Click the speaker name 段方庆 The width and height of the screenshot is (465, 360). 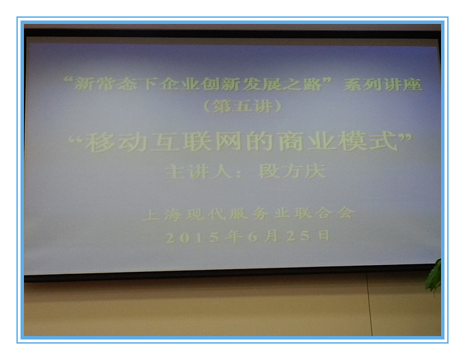point(293,171)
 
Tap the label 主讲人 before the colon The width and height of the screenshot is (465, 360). point(199,172)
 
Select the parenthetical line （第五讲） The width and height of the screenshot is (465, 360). point(243,106)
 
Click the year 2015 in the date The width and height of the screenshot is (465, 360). point(192,237)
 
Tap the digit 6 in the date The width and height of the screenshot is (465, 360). point(252,236)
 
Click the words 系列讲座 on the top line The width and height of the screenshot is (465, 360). point(382,85)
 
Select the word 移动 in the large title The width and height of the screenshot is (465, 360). point(116,142)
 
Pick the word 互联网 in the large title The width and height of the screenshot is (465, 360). point(196,141)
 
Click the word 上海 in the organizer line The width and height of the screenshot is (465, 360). point(162,214)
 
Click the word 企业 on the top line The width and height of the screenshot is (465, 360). point(179,85)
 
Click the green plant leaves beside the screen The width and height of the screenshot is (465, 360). point(434,275)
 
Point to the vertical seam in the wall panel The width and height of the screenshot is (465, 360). point(369,304)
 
